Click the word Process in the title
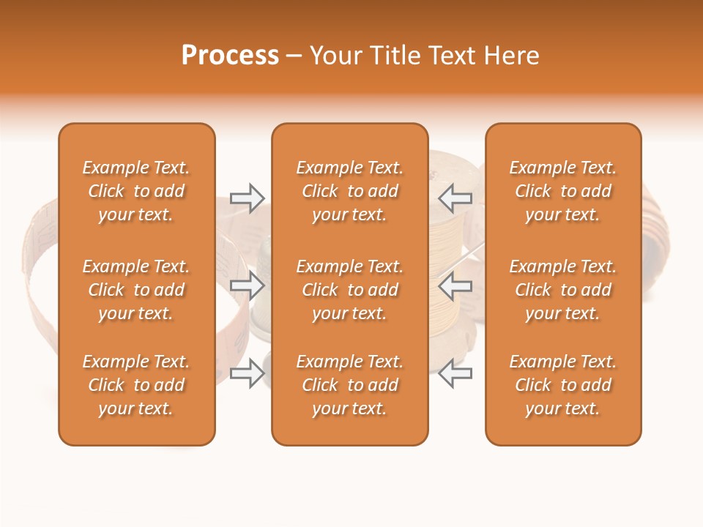(x=230, y=56)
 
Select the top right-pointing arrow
(x=248, y=198)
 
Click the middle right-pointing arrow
(x=248, y=285)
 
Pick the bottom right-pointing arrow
(x=248, y=373)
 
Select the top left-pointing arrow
(x=455, y=198)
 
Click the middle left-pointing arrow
(x=455, y=285)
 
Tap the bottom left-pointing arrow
(x=455, y=373)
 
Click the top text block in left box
(x=136, y=191)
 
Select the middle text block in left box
(x=136, y=290)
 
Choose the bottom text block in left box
(x=136, y=385)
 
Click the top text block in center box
(x=349, y=191)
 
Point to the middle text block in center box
(x=349, y=290)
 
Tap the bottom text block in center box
(x=349, y=385)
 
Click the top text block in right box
(x=563, y=191)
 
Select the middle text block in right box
(x=563, y=290)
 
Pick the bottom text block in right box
(x=563, y=385)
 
